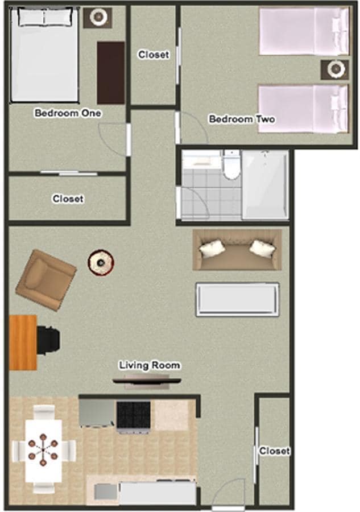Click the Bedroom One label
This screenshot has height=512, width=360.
pos(68,113)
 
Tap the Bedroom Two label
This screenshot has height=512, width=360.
pos(242,119)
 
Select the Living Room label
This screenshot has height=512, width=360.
pos(150,365)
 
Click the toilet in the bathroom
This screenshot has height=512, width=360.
pos(231,165)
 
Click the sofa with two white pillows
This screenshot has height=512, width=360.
pos(237,250)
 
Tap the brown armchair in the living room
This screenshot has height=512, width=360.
pos(46,279)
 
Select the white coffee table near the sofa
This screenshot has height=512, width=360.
pos(237,299)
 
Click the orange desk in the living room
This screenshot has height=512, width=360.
pos(23,342)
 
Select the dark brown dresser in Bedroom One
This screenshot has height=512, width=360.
pos(110,72)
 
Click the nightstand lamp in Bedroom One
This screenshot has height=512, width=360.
pos(98,18)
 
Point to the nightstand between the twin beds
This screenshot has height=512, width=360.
pos(334,69)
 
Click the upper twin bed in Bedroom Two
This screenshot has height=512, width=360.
pos(303,31)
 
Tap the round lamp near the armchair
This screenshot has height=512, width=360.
pos(101,262)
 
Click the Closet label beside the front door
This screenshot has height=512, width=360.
pos(275,451)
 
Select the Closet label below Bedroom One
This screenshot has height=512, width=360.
pos(68,199)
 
